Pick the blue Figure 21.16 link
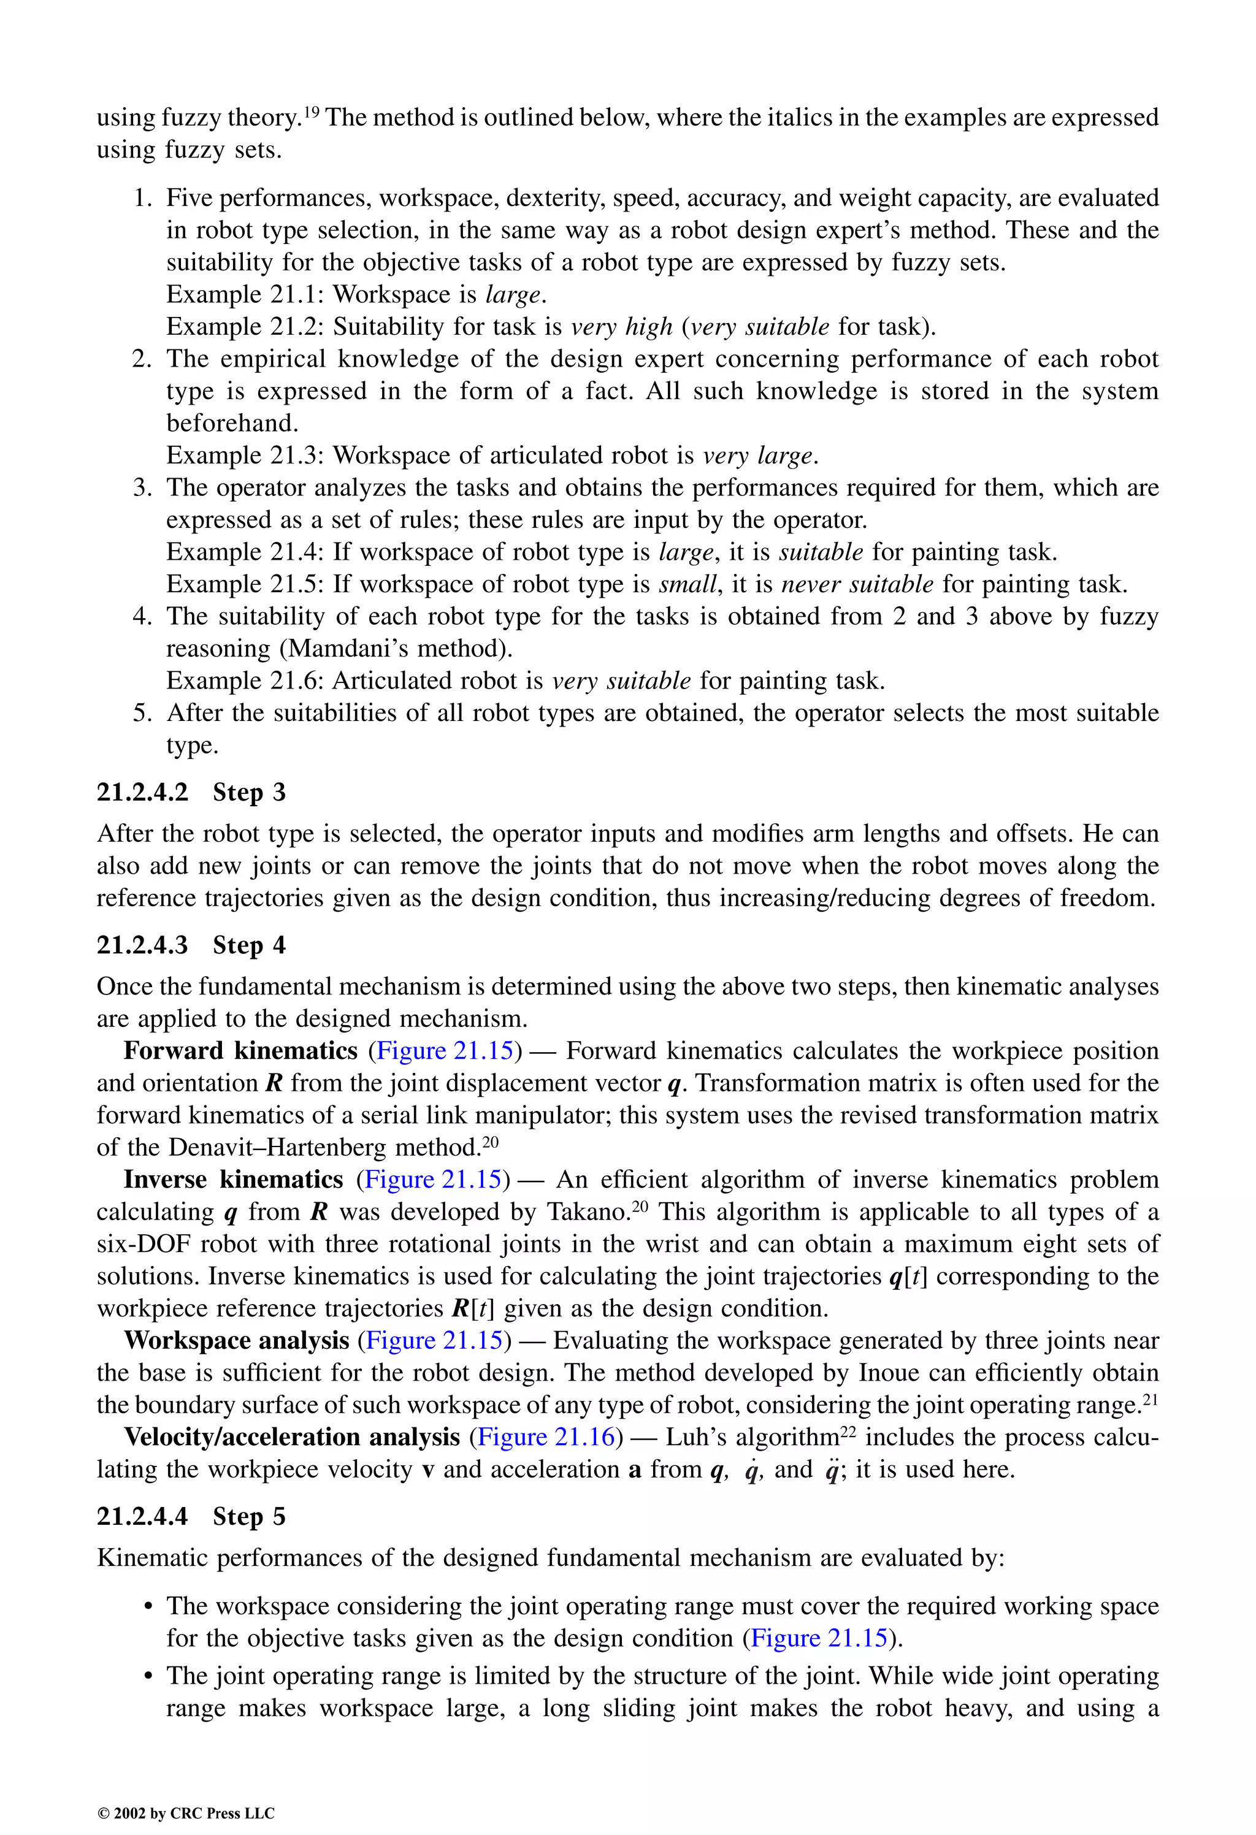pyautogui.click(x=546, y=1436)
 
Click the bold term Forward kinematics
pyautogui.click(x=240, y=1051)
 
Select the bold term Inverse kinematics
pyautogui.click(x=233, y=1180)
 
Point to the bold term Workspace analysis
pyautogui.click(x=236, y=1340)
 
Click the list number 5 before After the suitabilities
pyautogui.click(x=142, y=713)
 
